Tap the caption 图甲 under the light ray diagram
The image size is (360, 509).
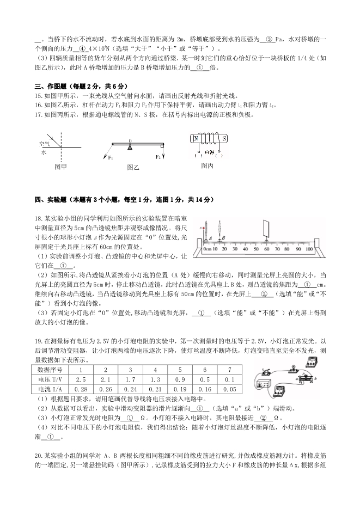60,167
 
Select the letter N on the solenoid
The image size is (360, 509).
195,138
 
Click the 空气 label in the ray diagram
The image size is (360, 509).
44,143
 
